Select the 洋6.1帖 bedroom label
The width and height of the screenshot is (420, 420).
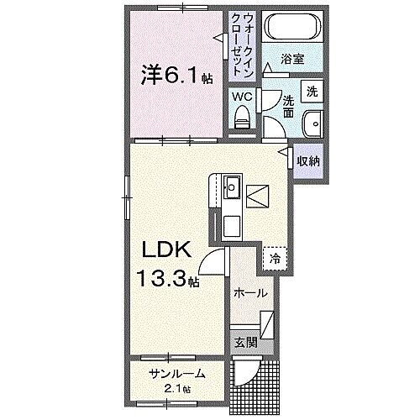coord(176,76)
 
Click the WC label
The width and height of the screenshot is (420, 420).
coord(241,96)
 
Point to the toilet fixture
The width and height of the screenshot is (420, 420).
coord(243,116)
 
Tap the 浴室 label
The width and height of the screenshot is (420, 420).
coord(291,61)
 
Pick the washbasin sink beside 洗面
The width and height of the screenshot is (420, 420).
coord(312,121)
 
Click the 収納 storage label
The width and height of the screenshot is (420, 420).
coord(307,160)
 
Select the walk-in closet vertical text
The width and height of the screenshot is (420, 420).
coord(242,43)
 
